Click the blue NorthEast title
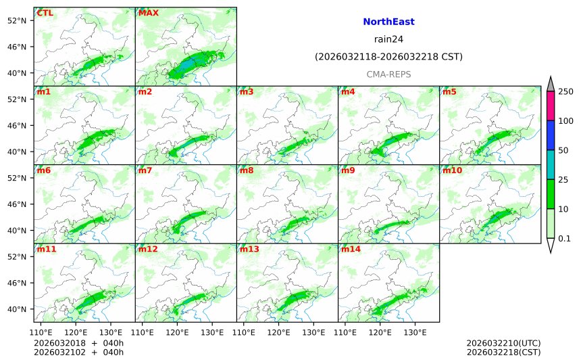point(388,22)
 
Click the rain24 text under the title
point(388,39)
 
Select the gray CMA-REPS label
point(388,74)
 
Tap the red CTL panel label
point(45,13)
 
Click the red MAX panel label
point(148,13)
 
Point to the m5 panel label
point(449,91)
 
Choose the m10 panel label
point(452,170)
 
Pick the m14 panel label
point(351,249)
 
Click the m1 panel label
point(43,91)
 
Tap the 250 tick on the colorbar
point(565,91)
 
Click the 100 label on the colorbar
point(565,120)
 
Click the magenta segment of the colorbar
point(551,106)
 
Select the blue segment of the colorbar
point(551,135)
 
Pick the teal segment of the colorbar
point(551,164)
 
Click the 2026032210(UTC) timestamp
point(503,343)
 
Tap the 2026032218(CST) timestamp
point(503,352)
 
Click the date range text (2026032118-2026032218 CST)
point(388,57)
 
